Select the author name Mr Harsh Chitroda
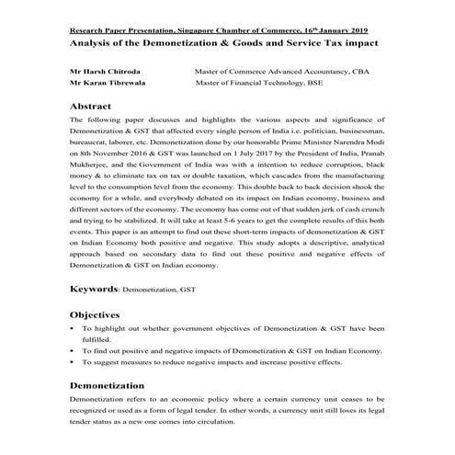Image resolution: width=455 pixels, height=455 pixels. pos(108,69)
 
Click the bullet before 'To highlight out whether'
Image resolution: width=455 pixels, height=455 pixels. pos(74,328)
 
